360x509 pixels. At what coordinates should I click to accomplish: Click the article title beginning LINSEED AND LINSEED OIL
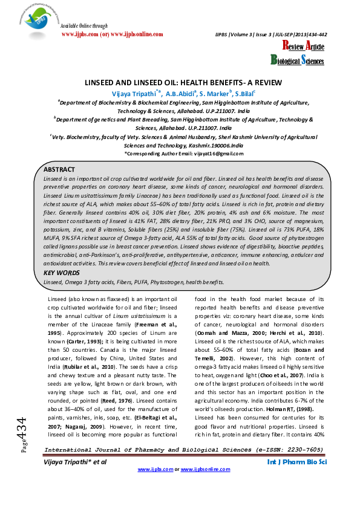point(180,82)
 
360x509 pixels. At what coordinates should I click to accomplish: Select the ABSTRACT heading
point(59,169)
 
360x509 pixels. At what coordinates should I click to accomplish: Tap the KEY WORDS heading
point(61,273)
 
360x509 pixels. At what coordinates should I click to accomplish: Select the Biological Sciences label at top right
point(296,59)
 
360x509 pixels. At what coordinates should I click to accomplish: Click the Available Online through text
point(84,26)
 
